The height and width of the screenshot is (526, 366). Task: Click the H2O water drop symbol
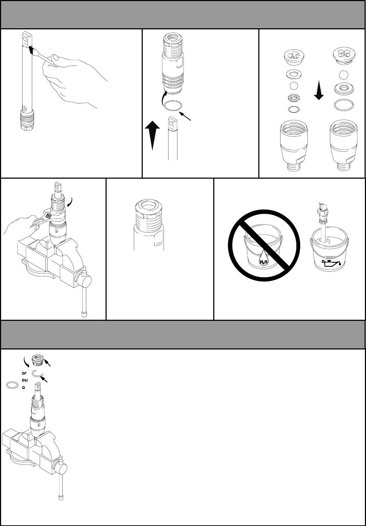263,259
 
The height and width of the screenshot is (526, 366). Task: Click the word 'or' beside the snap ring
24,373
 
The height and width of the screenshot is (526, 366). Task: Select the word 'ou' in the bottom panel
25,380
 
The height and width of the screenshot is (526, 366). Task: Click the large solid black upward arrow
152,135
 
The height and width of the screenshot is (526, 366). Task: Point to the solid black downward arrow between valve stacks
319,90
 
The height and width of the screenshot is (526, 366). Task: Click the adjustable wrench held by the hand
43,218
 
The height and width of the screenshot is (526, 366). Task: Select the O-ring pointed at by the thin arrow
173,105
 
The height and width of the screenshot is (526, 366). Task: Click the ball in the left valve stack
293,86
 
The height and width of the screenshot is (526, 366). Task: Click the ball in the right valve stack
343,75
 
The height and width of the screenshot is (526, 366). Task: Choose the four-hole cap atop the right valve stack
344,55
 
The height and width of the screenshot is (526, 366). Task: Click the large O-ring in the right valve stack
343,105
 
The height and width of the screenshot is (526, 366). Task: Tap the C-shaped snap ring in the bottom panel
38,373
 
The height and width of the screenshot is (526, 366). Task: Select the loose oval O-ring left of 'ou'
12,385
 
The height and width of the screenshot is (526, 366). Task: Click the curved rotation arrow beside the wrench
70,202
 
